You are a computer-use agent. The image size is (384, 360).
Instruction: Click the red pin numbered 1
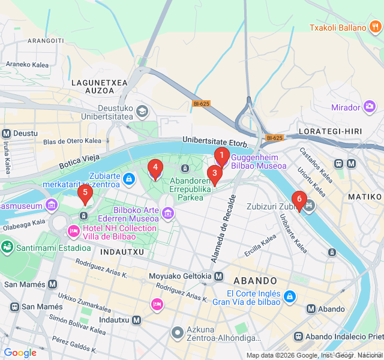click(221, 157)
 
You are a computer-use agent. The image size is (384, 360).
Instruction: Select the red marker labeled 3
click(214, 174)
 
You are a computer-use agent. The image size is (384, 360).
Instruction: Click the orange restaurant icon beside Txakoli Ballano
click(375, 27)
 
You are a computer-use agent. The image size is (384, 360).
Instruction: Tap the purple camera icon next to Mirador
click(370, 107)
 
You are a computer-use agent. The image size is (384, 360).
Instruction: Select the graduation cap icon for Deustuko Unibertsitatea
click(142, 111)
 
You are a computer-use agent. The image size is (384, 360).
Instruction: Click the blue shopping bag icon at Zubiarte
click(128, 178)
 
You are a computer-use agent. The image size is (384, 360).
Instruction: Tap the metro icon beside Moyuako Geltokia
click(219, 276)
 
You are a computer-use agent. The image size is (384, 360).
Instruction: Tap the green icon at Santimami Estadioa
click(7, 247)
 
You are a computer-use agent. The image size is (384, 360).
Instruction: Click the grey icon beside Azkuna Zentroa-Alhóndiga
click(178, 332)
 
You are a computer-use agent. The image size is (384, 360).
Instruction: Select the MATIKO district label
click(364, 196)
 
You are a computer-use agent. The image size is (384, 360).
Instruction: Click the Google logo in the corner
click(20, 353)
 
